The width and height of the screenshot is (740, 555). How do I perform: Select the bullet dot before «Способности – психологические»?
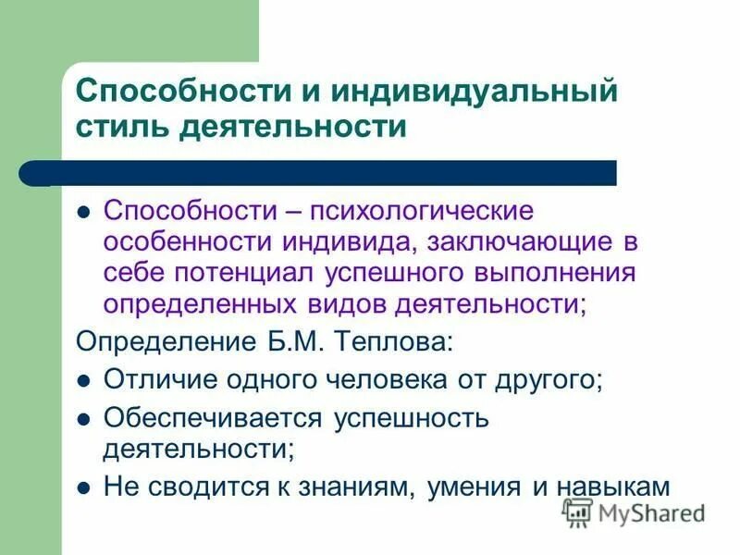point(83,211)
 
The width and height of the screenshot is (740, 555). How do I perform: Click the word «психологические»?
point(426,211)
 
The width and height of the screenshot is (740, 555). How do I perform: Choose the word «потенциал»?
point(253,273)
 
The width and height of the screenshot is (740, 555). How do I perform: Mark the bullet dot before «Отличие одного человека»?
point(83,380)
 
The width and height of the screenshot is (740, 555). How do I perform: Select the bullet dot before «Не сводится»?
point(83,487)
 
